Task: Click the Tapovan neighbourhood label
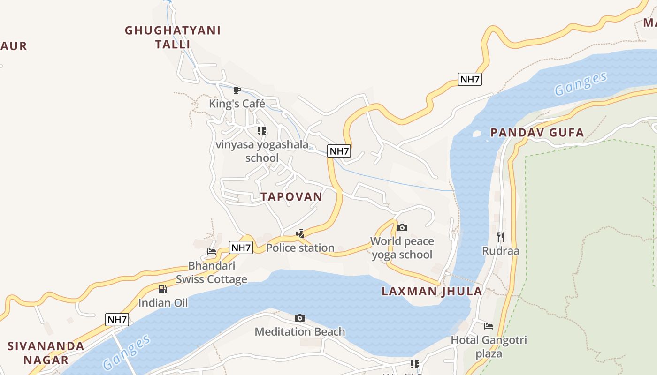pyautogui.click(x=291, y=197)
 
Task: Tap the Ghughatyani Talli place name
pyautogui.click(x=173, y=37)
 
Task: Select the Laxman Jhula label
pyautogui.click(x=432, y=291)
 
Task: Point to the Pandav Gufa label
pyautogui.click(x=537, y=133)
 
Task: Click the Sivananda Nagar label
pyautogui.click(x=46, y=353)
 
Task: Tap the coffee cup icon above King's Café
pyautogui.click(x=237, y=90)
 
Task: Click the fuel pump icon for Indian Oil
pyautogui.click(x=162, y=289)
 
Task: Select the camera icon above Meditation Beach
pyautogui.click(x=300, y=318)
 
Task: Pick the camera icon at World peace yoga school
pyautogui.click(x=402, y=228)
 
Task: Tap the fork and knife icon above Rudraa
pyautogui.click(x=501, y=237)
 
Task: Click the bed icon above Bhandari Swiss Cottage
pyautogui.click(x=212, y=252)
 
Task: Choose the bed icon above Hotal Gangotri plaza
pyautogui.click(x=489, y=326)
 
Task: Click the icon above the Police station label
pyautogui.click(x=300, y=233)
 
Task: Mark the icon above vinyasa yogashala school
pyautogui.click(x=262, y=131)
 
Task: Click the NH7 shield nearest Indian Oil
pyautogui.click(x=117, y=320)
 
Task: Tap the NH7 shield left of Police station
pyautogui.click(x=241, y=247)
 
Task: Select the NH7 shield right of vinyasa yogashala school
pyautogui.click(x=339, y=151)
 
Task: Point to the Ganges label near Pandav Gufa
pyautogui.click(x=581, y=84)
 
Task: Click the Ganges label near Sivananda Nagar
pyautogui.click(x=127, y=352)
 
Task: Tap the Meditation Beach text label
pyautogui.click(x=300, y=332)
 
